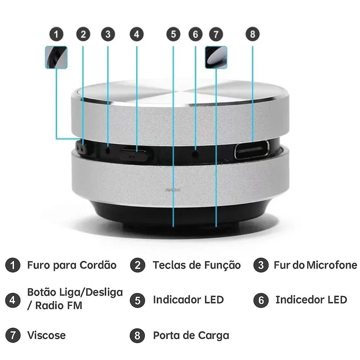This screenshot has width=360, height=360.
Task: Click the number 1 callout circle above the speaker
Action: click(x=56, y=34)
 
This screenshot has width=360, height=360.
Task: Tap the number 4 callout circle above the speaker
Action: click(x=137, y=34)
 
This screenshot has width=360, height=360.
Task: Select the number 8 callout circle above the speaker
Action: click(x=252, y=34)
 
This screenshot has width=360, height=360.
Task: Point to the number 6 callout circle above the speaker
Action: click(x=195, y=34)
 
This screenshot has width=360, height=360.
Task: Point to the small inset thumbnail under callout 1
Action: click(x=56, y=57)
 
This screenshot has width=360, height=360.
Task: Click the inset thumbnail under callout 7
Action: click(x=216, y=57)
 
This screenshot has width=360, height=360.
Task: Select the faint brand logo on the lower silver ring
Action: click(x=173, y=190)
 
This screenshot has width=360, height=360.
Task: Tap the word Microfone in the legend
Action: click(x=332, y=265)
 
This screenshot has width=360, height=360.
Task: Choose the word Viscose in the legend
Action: click(x=46, y=335)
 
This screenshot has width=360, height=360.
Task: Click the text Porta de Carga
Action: click(x=191, y=336)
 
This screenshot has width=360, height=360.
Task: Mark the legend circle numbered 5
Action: click(x=137, y=300)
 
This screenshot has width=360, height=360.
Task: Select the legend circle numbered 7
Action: click(x=13, y=335)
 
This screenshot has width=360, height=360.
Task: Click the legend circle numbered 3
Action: click(x=261, y=265)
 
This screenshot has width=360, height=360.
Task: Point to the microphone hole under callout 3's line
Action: click(x=108, y=150)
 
